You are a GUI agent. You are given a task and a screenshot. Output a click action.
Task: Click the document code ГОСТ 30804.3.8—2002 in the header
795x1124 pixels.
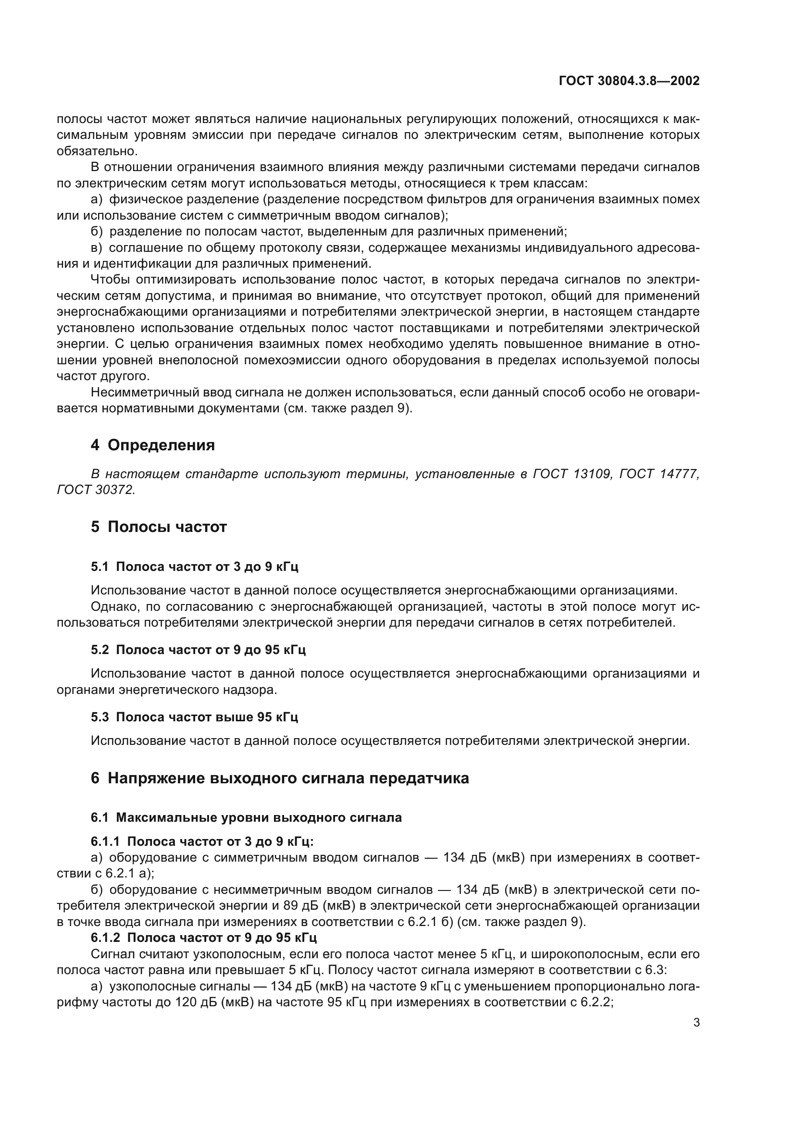pos(629,81)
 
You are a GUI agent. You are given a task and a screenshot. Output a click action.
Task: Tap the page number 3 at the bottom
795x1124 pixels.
pos(696,1023)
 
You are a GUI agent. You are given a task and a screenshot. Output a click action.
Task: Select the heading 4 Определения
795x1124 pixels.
pos(152,445)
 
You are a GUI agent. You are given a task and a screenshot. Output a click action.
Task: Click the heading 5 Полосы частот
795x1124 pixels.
pos(159,527)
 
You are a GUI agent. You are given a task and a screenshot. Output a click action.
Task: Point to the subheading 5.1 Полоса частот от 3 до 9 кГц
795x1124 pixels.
pos(194,567)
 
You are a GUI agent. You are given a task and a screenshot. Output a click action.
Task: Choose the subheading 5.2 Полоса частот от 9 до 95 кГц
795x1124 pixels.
pos(198,650)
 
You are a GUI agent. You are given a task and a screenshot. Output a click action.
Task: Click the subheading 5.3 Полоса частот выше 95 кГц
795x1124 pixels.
pos(194,717)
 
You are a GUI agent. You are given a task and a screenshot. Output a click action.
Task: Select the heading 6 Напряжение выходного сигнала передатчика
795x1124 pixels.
pos(280,778)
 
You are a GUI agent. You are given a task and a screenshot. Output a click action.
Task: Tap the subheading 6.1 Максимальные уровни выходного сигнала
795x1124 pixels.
pos(246,818)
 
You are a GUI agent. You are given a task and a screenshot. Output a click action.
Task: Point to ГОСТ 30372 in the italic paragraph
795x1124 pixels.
pos(96,490)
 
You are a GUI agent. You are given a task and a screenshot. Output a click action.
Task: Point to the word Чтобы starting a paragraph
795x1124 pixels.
pos(110,280)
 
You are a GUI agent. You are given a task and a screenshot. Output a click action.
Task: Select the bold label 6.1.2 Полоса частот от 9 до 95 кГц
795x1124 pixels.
pos(204,938)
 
